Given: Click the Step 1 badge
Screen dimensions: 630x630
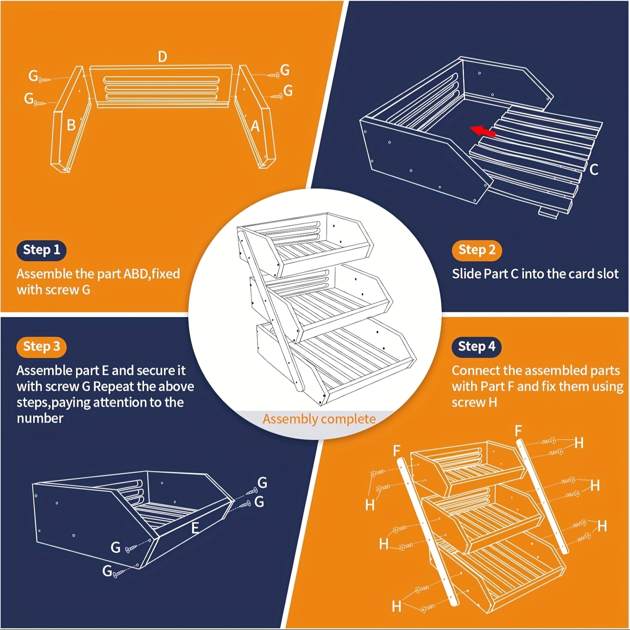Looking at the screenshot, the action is pyautogui.click(x=42, y=250).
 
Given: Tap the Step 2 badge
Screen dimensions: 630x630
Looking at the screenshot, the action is pyautogui.click(x=477, y=250).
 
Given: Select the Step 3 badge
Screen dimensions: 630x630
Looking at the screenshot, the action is pyautogui.click(x=42, y=346).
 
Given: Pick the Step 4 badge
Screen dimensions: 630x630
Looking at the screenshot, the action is pyautogui.click(x=477, y=346).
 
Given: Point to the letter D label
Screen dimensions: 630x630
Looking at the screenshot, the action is pyautogui.click(x=162, y=57).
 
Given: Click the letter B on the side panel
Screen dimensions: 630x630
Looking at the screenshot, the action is pyautogui.click(x=71, y=125).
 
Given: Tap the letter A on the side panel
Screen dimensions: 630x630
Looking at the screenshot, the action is pyautogui.click(x=255, y=126).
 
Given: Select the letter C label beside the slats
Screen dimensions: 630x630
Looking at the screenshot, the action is pyautogui.click(x=594, y=169).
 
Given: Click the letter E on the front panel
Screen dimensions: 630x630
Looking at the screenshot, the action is pyautogui.click(x=195, y=528).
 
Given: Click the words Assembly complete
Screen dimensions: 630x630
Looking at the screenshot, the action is pyautogui.click(x=319, y=419).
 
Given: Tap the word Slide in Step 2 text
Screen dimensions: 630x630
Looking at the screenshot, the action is pyautogui.click(x=466, y=274).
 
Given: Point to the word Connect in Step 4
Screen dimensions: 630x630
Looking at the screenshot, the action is pyautogui.click(x=476, y=370).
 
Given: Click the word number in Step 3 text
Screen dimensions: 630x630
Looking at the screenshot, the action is pyautogui.click(x=40, y=418).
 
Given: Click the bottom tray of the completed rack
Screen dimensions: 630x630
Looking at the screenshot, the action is pyautogui.click(x=336, y=361).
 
